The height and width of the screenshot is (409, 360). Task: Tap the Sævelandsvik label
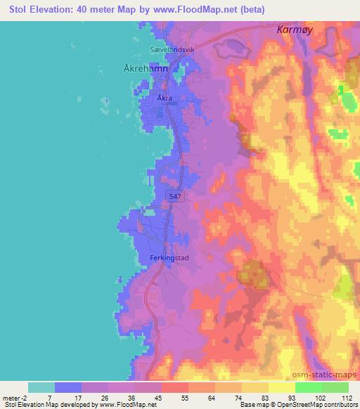[172, 50]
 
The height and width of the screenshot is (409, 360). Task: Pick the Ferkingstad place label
[170, 258]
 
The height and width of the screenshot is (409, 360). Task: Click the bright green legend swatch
[308, 387]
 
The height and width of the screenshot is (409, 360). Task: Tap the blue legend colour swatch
[68, 387]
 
